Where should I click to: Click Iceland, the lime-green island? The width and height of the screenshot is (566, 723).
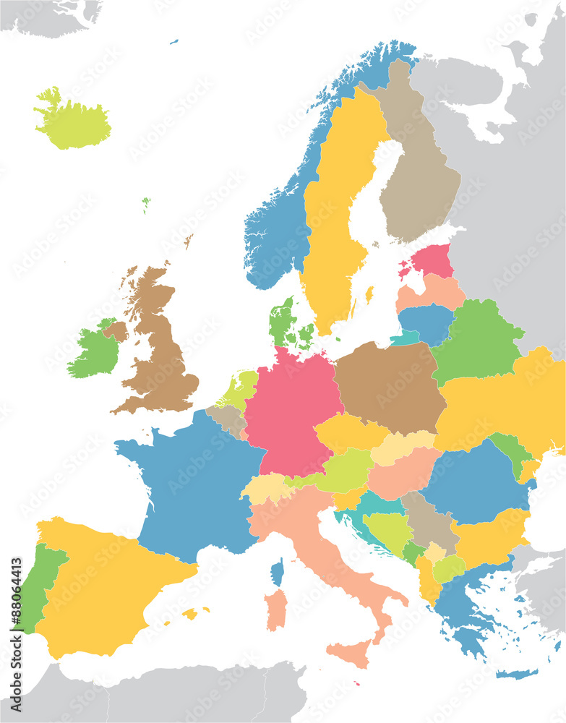[72, 124]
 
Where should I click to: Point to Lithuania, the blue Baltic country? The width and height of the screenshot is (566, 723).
[425, 322]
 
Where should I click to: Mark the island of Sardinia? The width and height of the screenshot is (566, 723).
[275, 609]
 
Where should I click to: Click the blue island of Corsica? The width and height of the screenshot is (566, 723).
[278, 573]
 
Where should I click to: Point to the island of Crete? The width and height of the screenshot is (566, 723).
[516, 674]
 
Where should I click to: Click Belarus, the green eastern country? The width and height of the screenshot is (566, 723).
[477, 340]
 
